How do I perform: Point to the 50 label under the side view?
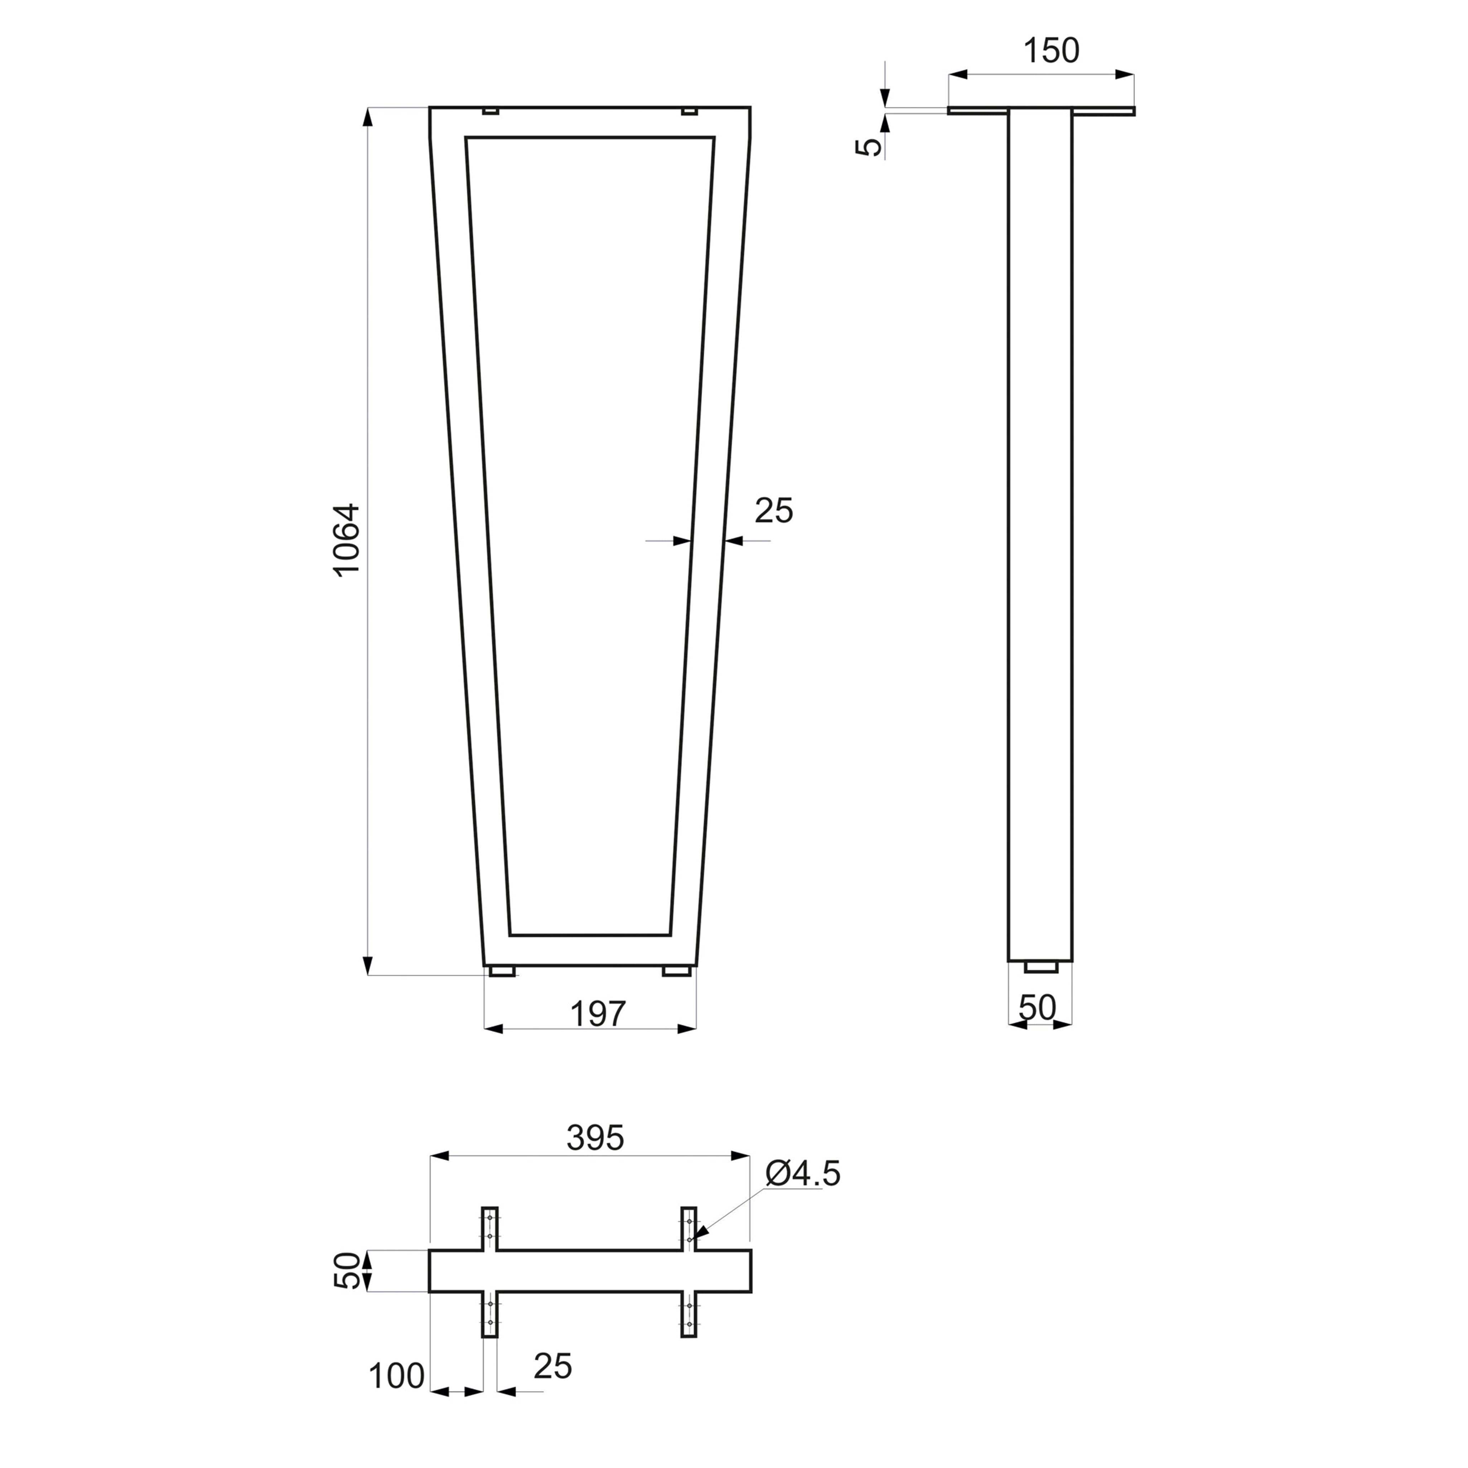coord(1037,1008)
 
